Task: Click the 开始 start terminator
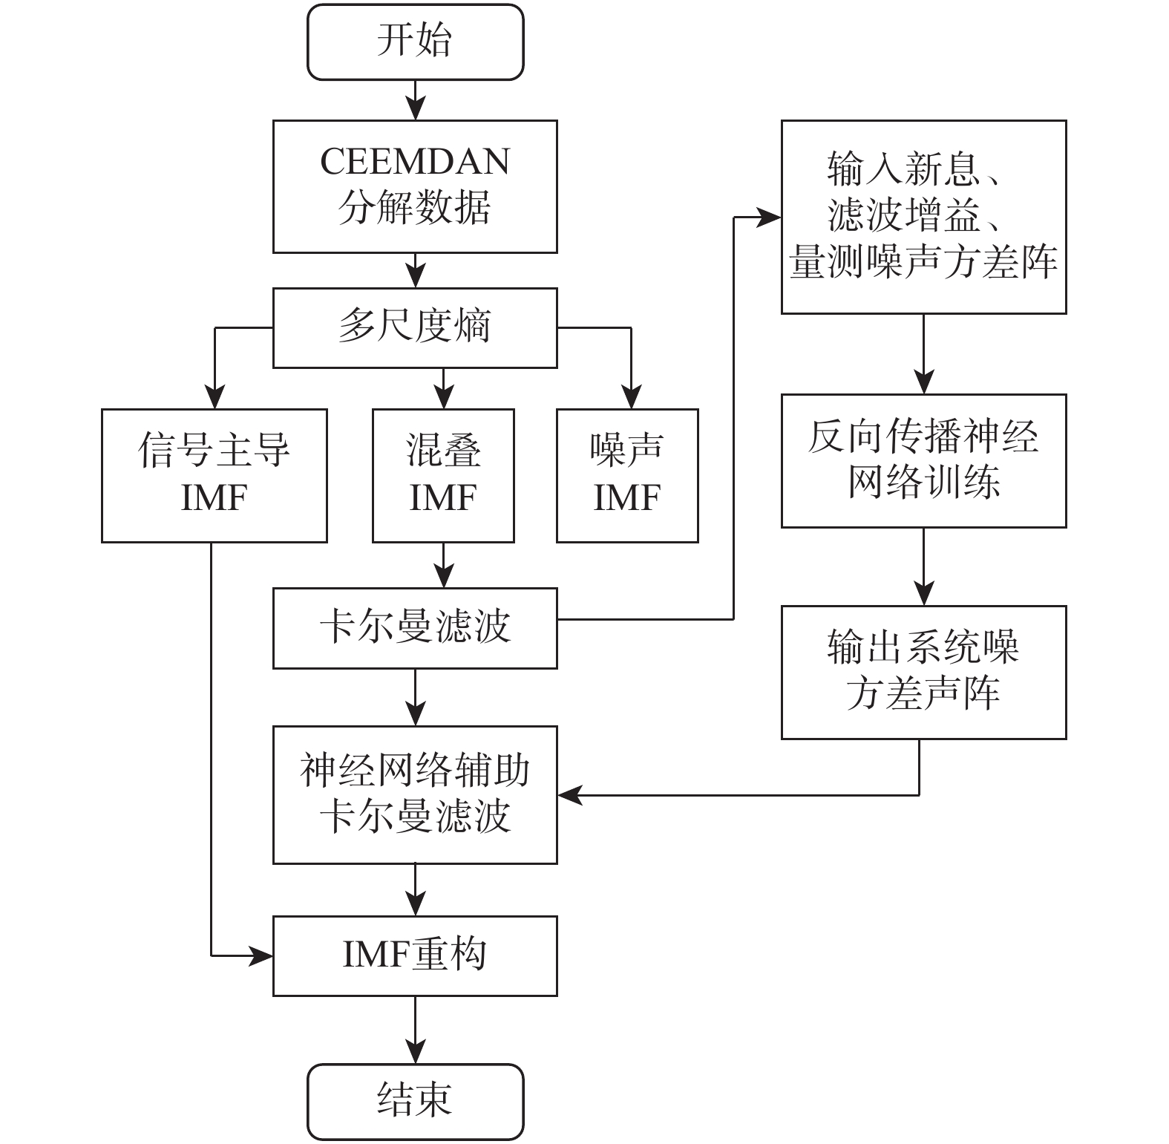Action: (x=415, y=42)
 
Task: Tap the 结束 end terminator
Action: (x=415, y=1101)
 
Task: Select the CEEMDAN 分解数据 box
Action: (x=415, y=186)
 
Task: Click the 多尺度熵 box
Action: (x=415, y=327)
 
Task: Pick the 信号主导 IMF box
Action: (x=214, y=475)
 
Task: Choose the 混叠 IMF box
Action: (x=443, y=475)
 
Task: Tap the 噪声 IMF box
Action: (x=627, y=475)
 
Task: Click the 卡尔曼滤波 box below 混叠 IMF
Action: (x=415, y=628)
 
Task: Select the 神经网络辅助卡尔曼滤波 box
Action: (x=415, y=794)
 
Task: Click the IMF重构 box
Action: (x=415, y=955)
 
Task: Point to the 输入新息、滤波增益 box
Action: (x=923, y=217)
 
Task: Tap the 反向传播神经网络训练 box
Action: (x=923, y=460)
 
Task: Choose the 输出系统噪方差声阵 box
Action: (x=923, y=672)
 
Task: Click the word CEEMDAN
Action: (x=415, y=162)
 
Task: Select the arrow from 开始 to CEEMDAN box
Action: (x=415, y=100)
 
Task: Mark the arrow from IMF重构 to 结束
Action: (x=415, y=1030)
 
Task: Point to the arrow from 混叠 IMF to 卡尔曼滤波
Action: (x=443, y=566)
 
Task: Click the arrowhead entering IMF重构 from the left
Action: (x=261, y=956)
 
